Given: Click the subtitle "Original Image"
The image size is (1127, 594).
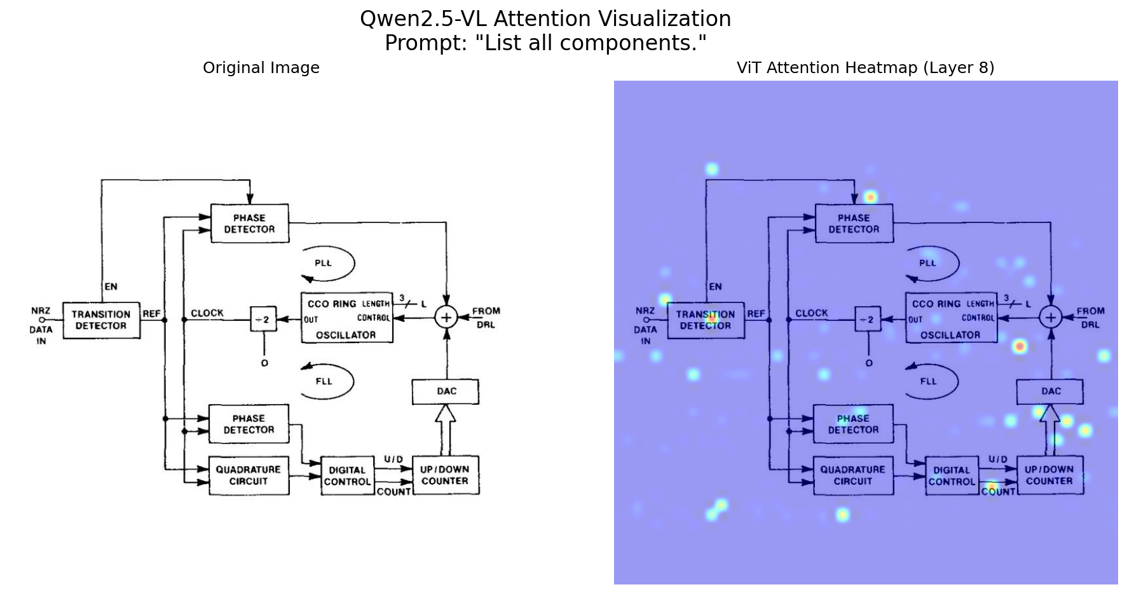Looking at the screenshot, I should pos(261,68).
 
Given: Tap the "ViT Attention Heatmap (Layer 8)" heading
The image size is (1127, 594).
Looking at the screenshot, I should pos(865,68).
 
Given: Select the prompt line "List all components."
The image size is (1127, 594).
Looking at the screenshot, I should pos(545,43).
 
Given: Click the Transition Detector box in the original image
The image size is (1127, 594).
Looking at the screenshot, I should pos(101,320).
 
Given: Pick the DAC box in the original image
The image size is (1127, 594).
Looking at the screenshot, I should pos(446,391).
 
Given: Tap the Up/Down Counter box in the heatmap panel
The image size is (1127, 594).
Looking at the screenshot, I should pos(1049,475).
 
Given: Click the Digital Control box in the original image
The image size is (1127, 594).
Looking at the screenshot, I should pos(347,476).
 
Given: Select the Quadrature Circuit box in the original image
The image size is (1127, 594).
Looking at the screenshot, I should pos(249,475).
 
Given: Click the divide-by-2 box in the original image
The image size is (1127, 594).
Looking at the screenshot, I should pos(263,320).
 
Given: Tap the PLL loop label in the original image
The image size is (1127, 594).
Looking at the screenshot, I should pos(324,263).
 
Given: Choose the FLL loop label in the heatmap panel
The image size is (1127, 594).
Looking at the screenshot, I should pos(928,381).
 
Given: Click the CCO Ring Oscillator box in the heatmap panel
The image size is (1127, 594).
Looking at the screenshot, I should pos(951,318).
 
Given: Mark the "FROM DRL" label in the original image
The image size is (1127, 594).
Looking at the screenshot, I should pos(486,318).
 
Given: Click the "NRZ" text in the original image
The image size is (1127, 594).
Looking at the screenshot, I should pos(41,311).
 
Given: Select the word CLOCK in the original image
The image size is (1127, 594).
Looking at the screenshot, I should pos(207,313).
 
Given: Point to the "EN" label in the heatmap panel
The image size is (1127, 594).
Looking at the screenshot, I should pos(715,287).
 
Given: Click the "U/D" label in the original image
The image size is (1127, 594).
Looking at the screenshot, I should pos(393,459).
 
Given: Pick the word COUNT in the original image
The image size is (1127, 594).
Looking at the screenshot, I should pos(393,492).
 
